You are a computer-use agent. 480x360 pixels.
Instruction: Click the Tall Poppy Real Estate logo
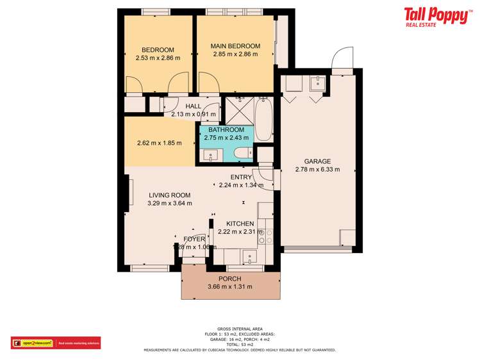click(x=436, y=17)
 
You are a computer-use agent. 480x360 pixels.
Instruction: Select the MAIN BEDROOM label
click(x=236, y=46)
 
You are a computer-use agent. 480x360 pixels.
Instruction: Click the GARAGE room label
click(x=317, y=161)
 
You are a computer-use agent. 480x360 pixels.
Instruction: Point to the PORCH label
click(x=230, y=279)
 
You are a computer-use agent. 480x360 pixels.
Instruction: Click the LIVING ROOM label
click(x=170, y=195)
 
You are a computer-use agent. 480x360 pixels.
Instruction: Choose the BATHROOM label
click(x=226, y=129)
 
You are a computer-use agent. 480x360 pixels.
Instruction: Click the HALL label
click(x=193, y=106)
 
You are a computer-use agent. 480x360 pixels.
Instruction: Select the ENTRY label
click(x=242, y=177)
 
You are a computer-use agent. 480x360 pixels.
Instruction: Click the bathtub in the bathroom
click(x=263, y=119)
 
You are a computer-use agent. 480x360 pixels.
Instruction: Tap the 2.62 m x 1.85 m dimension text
click(x=160, y=143)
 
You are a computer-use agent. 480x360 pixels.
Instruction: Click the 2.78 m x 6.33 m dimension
click(x=317, y=170)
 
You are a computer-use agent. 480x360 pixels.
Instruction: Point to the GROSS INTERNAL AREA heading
click(x=240, y=329)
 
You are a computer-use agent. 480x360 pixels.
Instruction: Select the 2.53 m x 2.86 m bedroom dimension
click(x=158, y=58)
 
